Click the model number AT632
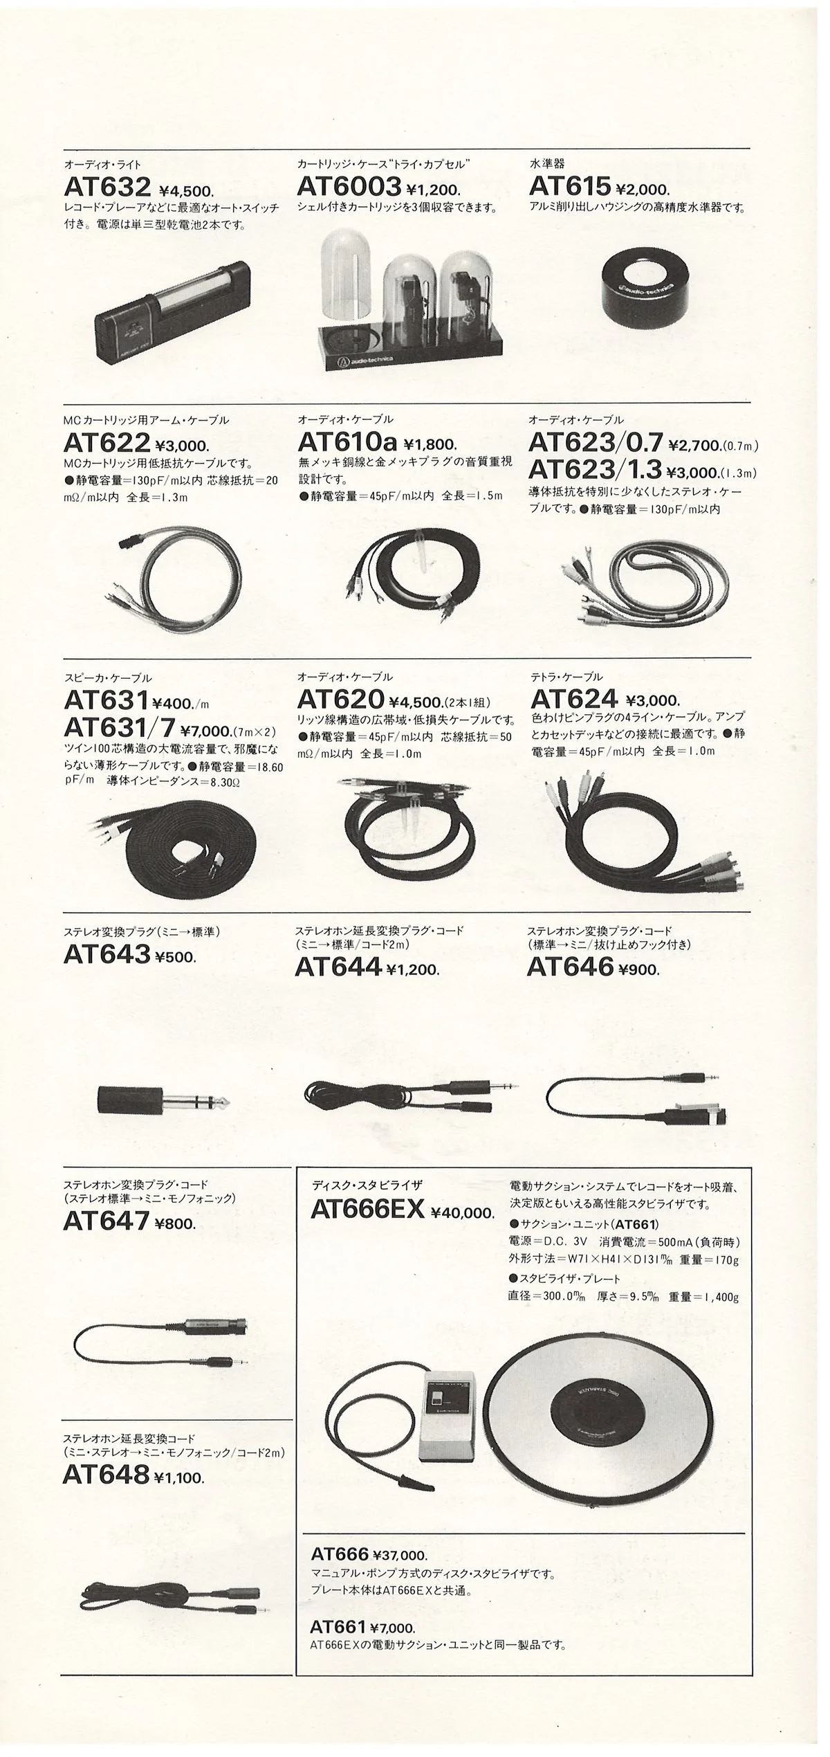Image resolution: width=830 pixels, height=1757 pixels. [x=107, y=187]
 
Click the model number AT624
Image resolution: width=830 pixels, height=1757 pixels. [x=573, y=699]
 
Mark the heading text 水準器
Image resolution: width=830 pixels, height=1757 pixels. [x=546, y=164]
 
